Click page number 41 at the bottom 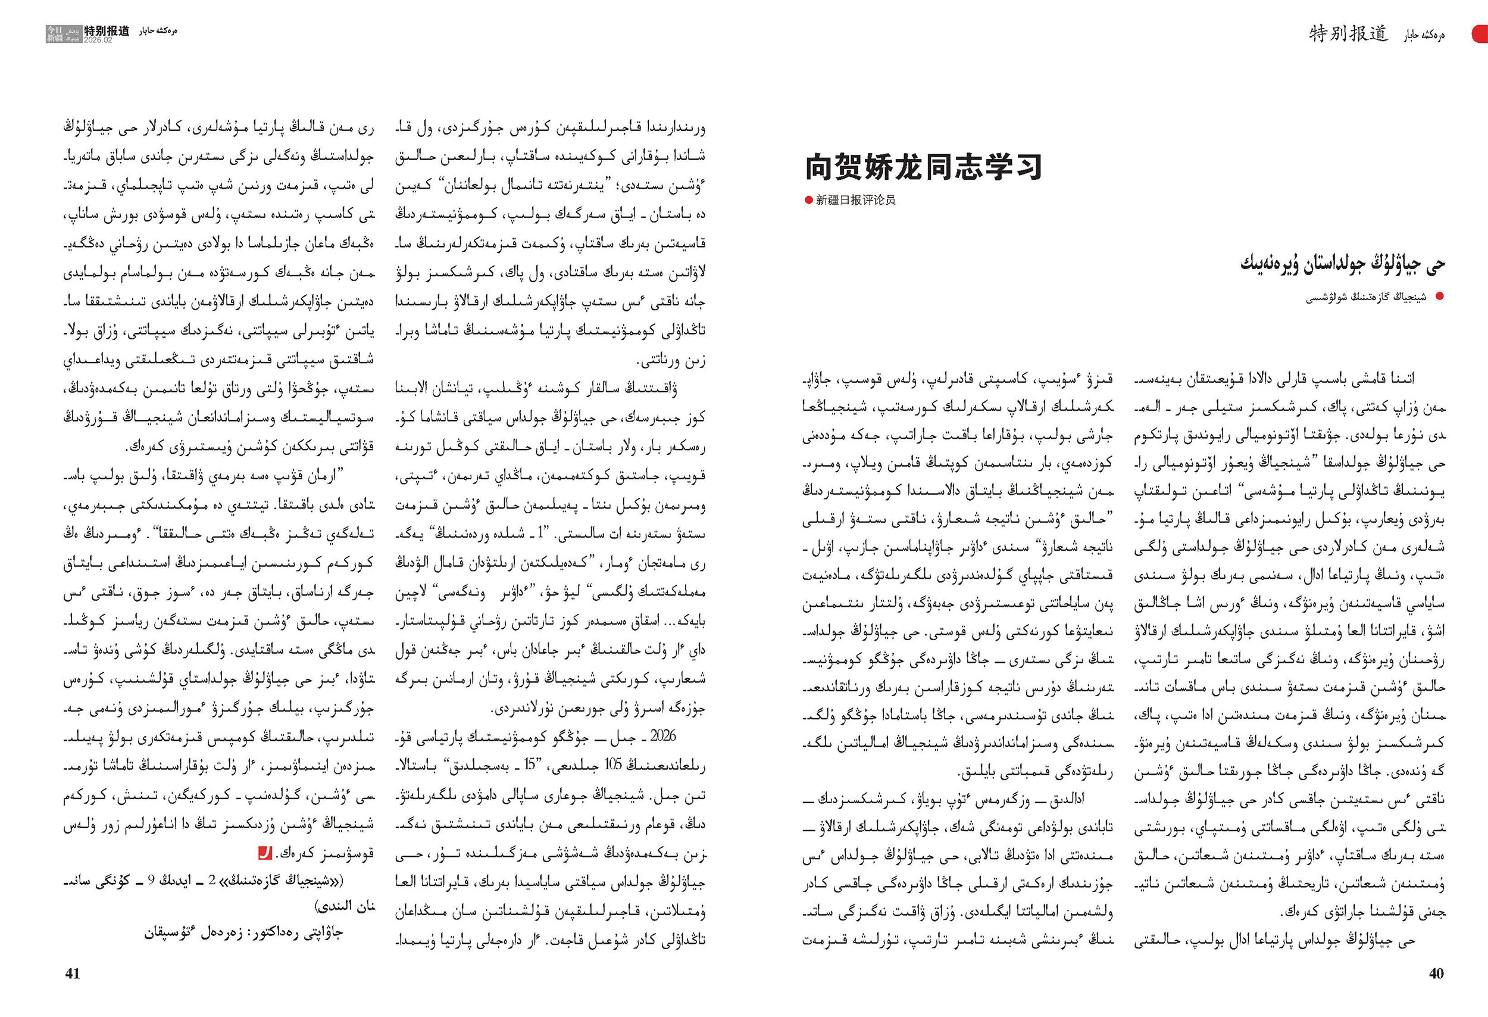point(73,974)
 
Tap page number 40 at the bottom point(1436,974)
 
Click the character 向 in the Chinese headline point(821,167)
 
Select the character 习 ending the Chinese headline point(1026,167)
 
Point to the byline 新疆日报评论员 point(855,200)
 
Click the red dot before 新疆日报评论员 point(809,200)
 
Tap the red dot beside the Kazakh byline point(1440,296)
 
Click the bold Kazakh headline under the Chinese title point(1343,263)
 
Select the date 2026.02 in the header point(98,40)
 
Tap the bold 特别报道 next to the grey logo point(107,30)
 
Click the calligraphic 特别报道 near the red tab point(1348,33)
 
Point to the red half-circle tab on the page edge point(1480,33)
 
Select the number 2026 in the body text point(662,736)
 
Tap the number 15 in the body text point(529,765)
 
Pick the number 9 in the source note point(151,881)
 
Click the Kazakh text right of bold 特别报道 point(158,31)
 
